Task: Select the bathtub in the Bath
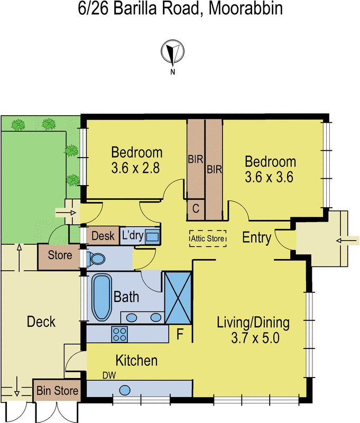click(x=101, y=297)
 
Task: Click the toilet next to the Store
click(x=96, y=259)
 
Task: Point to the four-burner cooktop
click(x=119, y=334)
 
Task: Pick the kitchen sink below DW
click(x=125, y=390)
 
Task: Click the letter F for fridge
click(x=180, y=334)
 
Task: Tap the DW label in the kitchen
click(x=109, y=375)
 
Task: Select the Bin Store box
click(x=57, y=390)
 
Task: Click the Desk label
click(x=103, y=236)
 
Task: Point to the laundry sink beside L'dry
click(x=152, y=236)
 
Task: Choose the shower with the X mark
click(x=178, y=298)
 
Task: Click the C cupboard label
click(x=196, y=208)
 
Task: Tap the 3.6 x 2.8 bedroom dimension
click(x=135, y=168)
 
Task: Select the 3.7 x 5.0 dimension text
click(x=255, y=338)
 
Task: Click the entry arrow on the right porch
click(x=348, y=241)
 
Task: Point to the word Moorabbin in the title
click(x=246, y=8)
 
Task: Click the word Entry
click(x=257, y=238)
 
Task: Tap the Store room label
click(x=60, y=255)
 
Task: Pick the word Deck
click(x=41, y=321)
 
